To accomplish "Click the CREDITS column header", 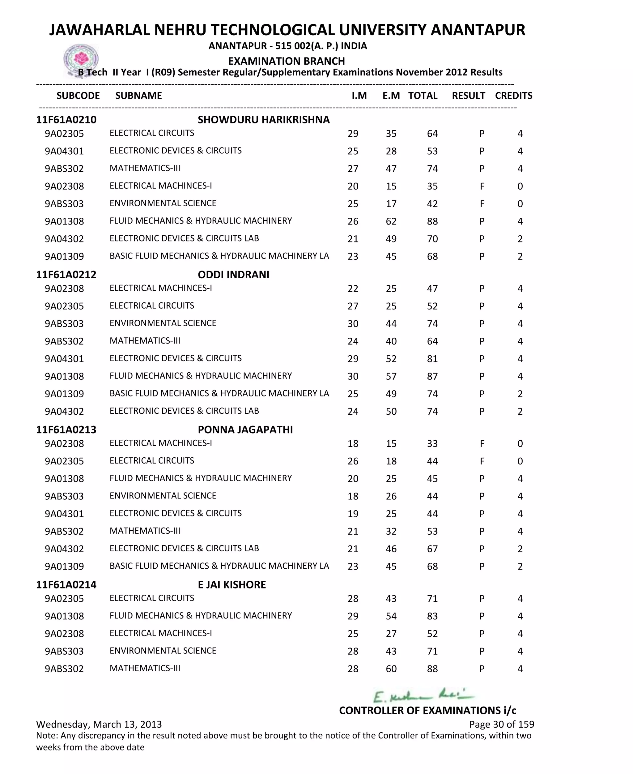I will (x=513, y=96).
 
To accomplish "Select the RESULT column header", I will (x=468, y=96).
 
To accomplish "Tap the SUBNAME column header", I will (x=138, y=96).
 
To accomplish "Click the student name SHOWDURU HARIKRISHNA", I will (x=263, y=120).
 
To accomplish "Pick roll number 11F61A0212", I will (x=66, y=275).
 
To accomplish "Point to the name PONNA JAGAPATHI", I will (x=245, y=430).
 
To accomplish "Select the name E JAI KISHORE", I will (x=232, y=585).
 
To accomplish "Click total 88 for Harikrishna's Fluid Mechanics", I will (x=432, y=221).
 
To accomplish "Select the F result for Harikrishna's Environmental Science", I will (x=482, y=204).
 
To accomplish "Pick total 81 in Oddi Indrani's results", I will (x=432, y=359).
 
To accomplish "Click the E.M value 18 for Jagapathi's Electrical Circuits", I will (x=391, y=461).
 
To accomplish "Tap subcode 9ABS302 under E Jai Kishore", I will (x=64, y=669).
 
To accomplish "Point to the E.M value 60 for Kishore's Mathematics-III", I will (x=391, y=669).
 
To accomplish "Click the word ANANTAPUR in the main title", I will (x=478, y=30).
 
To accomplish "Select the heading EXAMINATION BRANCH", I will (x=286, y=61).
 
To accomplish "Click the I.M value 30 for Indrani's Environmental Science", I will (x=353, y=324).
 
